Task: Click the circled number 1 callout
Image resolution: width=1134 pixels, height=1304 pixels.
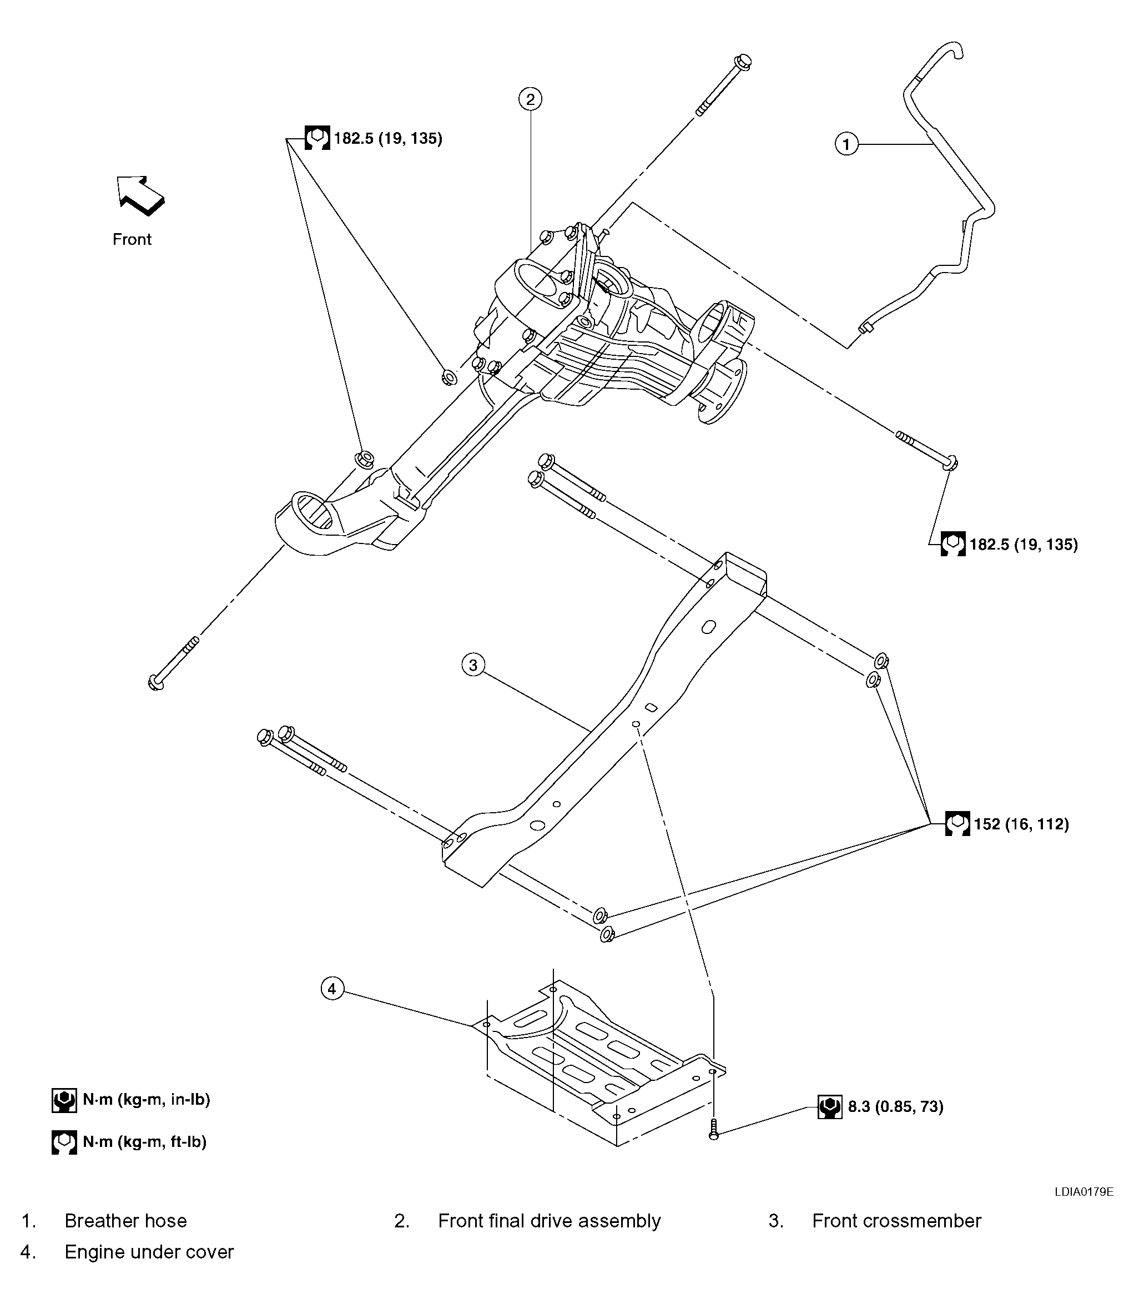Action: pos(846,144)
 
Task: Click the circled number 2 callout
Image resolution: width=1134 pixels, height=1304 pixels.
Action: pos(530,99)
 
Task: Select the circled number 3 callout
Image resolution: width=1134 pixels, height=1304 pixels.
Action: pos(473,664)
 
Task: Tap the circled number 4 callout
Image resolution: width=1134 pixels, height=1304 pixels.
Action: pos(333,988)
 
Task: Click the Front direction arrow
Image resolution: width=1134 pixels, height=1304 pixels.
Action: pos(140,195)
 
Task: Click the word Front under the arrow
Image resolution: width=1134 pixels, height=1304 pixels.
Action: pos(132,239)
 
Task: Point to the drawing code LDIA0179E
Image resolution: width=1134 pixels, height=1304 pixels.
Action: pos(1083,1191)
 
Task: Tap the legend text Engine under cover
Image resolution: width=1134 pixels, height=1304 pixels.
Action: pos(149,1251)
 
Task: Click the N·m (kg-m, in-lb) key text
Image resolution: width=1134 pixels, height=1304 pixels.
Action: pos(146,1100)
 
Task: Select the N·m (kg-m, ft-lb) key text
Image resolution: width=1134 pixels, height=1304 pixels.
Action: pos(144,1142)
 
